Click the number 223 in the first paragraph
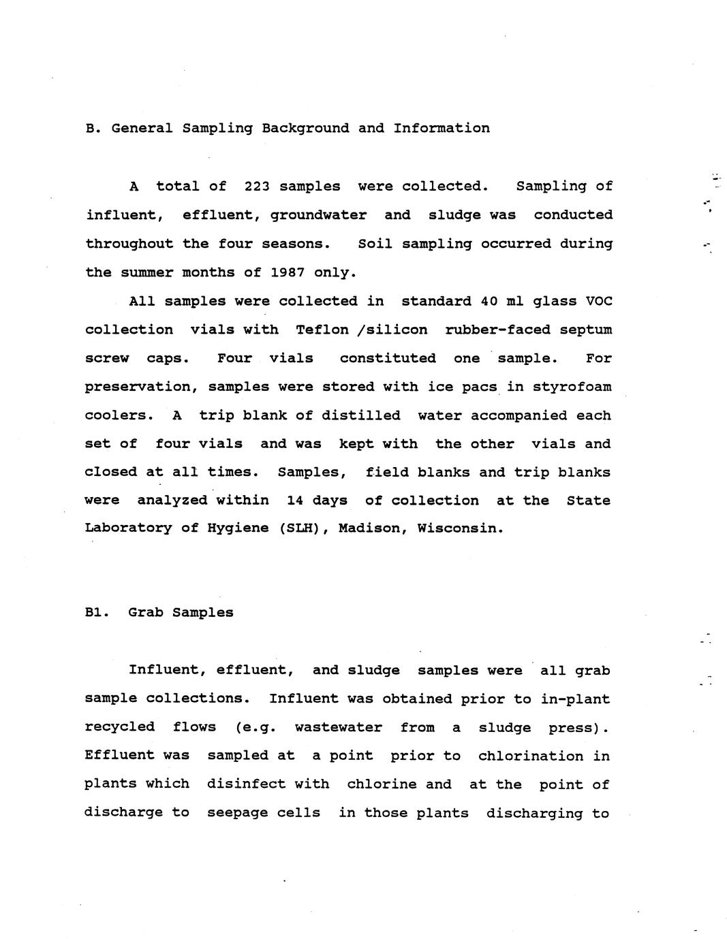[257, 186]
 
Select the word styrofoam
[572, 387]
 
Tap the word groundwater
[318, 215]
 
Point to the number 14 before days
[295, 500]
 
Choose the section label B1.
[97, 612]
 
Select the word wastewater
[338, 727]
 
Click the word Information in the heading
[442, 128]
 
